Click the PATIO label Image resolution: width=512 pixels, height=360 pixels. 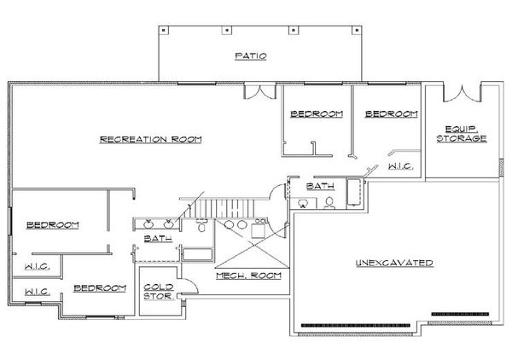251,56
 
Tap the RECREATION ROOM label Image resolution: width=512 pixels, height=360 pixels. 150,139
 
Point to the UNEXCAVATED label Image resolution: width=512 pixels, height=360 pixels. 394,263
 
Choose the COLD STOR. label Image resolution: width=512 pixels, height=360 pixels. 159,293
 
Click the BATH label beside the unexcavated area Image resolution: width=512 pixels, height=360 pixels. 320,185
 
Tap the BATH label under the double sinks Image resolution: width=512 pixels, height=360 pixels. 159,239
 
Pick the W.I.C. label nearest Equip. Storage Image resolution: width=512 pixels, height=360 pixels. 400,167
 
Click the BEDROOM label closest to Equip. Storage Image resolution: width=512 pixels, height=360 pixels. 390,114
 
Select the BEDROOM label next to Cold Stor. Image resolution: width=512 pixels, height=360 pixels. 100,288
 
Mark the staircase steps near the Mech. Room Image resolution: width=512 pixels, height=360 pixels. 224,206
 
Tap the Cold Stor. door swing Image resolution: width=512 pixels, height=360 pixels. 181,289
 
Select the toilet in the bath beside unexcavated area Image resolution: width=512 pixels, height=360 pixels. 329,203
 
